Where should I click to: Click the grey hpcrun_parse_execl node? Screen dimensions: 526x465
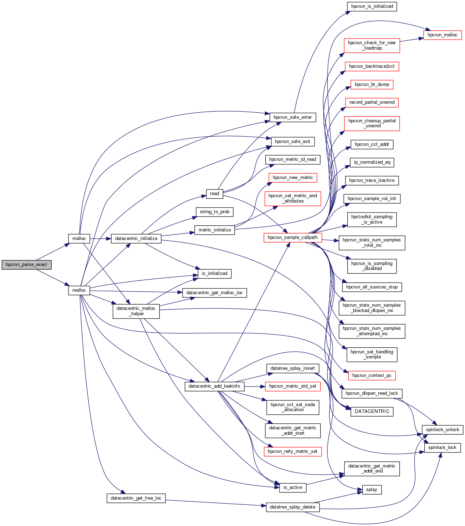click(26, 265)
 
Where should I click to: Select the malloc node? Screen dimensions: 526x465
click(79, 239)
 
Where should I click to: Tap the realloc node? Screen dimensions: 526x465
click(79, 290)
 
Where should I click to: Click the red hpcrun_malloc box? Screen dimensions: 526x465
click(442, 35)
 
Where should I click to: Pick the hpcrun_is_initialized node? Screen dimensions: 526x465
click(372, 6)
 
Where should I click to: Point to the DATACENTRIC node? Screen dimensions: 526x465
click(372, 412)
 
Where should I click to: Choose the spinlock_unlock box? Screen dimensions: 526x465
click(442, 430)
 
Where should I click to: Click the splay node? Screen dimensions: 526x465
click(372, 490)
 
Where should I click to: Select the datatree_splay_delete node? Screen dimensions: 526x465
click(292, 507)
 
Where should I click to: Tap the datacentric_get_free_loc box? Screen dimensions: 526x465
click(136, 498)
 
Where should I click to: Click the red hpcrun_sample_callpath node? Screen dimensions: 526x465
click(292, 238)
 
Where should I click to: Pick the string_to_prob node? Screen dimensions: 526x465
click(214, 212)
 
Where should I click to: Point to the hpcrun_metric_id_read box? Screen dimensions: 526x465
click(292, 159)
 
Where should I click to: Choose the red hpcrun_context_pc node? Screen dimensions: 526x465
click(372, 376)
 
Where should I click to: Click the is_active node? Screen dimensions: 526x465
click(292, 487)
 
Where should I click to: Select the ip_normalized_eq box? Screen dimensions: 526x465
click(372, 162)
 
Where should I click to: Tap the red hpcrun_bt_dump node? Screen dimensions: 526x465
click(372, 85)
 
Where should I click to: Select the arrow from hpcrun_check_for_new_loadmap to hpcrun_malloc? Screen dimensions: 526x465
click(412, 40)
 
